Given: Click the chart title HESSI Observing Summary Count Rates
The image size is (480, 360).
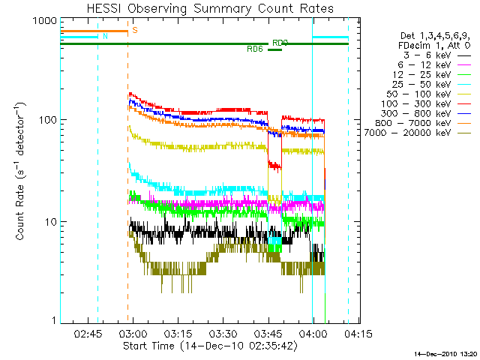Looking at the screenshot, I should click(x=209, y=8).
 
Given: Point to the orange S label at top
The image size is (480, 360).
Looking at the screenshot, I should click(x=135, y=31).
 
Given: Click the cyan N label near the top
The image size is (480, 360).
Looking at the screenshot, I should click(x=105, y=36).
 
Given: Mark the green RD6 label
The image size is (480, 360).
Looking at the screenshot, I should click(x=255, y=49).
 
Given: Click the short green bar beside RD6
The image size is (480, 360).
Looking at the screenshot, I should click(x=274, y=49).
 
